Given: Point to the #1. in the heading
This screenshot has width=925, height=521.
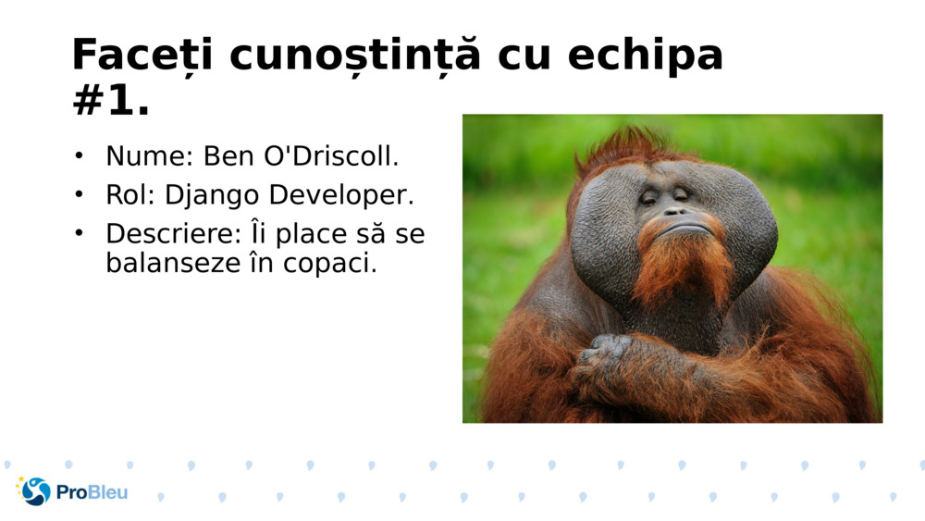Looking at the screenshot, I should [x=111, y=102].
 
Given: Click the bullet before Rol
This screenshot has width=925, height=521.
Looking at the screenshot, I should [x=80, y=195].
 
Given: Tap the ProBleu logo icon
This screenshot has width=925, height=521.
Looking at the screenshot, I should [x=35, y=491].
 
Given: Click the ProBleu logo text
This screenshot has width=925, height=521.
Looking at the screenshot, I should [x=92, y=492].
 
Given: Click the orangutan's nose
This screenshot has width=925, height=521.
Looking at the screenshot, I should [x=672, y=212].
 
